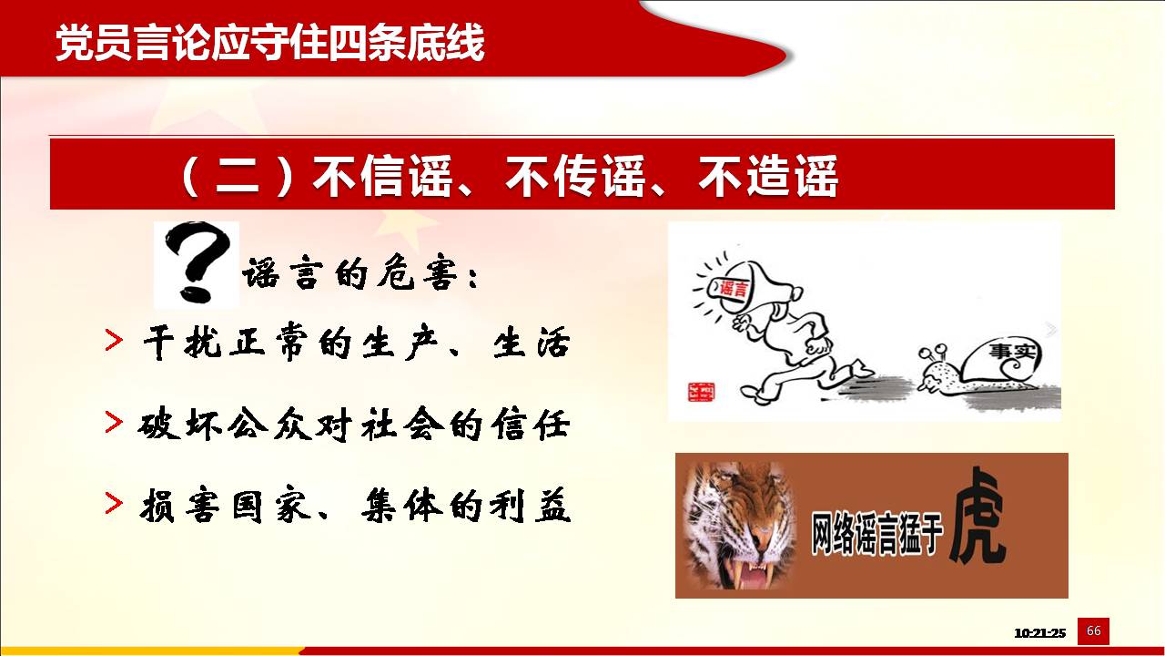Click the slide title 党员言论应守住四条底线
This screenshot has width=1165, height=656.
270,43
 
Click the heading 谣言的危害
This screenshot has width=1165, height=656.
360,274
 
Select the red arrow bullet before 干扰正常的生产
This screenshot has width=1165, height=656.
114,340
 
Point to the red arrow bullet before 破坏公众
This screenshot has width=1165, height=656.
114,422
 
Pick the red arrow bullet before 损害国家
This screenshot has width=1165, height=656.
114,503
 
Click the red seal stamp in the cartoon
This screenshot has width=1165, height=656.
701,392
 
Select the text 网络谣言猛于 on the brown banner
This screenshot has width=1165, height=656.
876,534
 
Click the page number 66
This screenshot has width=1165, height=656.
1093,631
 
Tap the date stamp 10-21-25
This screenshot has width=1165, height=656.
1039,633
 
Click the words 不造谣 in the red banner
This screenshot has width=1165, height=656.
768,176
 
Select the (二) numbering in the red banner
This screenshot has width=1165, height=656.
238,176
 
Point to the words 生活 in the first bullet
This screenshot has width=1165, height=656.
532,343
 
